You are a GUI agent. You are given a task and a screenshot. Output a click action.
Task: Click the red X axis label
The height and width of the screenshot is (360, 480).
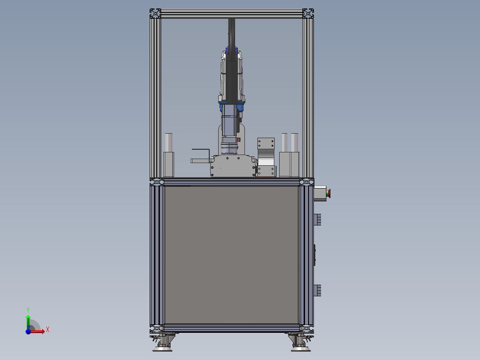(x=48, y=330)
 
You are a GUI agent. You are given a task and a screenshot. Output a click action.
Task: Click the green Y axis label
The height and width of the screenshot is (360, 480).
(x=28, y=310)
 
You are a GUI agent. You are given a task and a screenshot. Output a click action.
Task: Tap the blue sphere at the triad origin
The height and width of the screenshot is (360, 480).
(x=28, y=331)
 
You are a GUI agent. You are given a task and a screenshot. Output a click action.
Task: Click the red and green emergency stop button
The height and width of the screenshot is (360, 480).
(x=328, y=193)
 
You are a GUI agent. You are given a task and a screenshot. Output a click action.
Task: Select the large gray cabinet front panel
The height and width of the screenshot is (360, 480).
(x=232, y=254)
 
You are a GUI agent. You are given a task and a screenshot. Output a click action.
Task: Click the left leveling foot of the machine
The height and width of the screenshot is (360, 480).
(x=162, y=343)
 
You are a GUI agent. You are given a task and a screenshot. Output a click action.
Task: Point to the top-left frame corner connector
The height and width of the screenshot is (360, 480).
(x=155, y=13)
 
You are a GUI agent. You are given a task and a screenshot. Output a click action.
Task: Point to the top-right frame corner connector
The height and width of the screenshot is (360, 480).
(x=308, y=13)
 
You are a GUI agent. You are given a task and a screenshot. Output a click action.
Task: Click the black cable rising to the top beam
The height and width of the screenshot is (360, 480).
(x=232, y=34)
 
